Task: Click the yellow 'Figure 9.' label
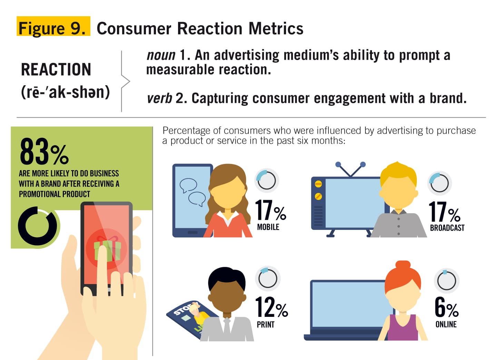coord(53,26)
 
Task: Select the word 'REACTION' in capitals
coord(56,69)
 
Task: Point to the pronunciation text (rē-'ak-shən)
coord(65,92)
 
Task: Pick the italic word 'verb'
coord(159,98)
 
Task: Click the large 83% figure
coord(44,152)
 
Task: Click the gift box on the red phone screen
coord(108,250)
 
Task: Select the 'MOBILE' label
coord(268,227)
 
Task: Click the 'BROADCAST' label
coord(447,228)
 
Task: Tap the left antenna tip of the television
coord(338,164)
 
